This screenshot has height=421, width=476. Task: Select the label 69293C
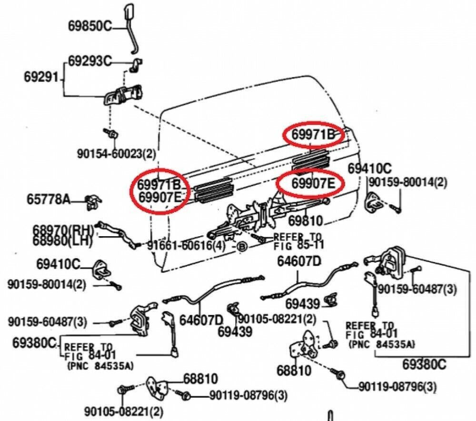[89, 61]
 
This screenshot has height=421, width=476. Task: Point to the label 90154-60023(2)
[116, 153]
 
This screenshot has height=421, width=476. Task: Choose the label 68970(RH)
[63, 230]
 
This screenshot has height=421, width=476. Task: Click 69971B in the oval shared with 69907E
[159, 184]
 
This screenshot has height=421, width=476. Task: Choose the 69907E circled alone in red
[310, 183]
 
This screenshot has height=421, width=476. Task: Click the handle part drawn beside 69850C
[129, 24]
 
